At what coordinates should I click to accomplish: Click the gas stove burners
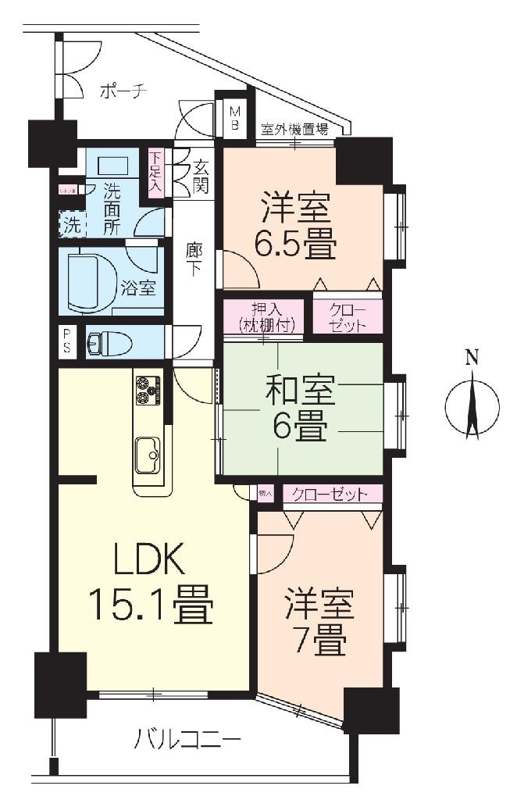(x=148, y=390)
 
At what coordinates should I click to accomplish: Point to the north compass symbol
(x=471, y=405)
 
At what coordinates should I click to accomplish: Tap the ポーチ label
(x=123, y=91)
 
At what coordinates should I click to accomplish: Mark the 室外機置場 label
(x=294, y=130)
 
